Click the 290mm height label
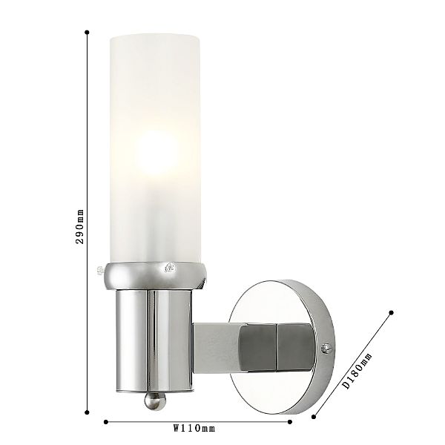80,226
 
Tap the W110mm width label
194,428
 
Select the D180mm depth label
357,371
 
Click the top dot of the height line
87,33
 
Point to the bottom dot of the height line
87,412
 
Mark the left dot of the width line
106,422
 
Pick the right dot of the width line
290,422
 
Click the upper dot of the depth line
392,313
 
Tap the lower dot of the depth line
314,417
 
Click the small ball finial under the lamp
155,400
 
